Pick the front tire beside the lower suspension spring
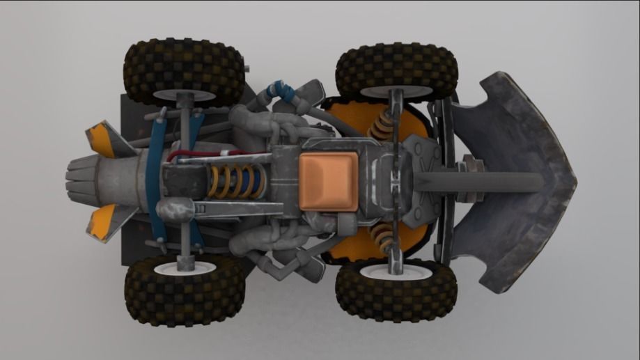396,291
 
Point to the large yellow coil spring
237,182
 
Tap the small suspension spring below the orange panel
382,237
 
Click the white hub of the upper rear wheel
184,95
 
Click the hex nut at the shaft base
471,169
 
